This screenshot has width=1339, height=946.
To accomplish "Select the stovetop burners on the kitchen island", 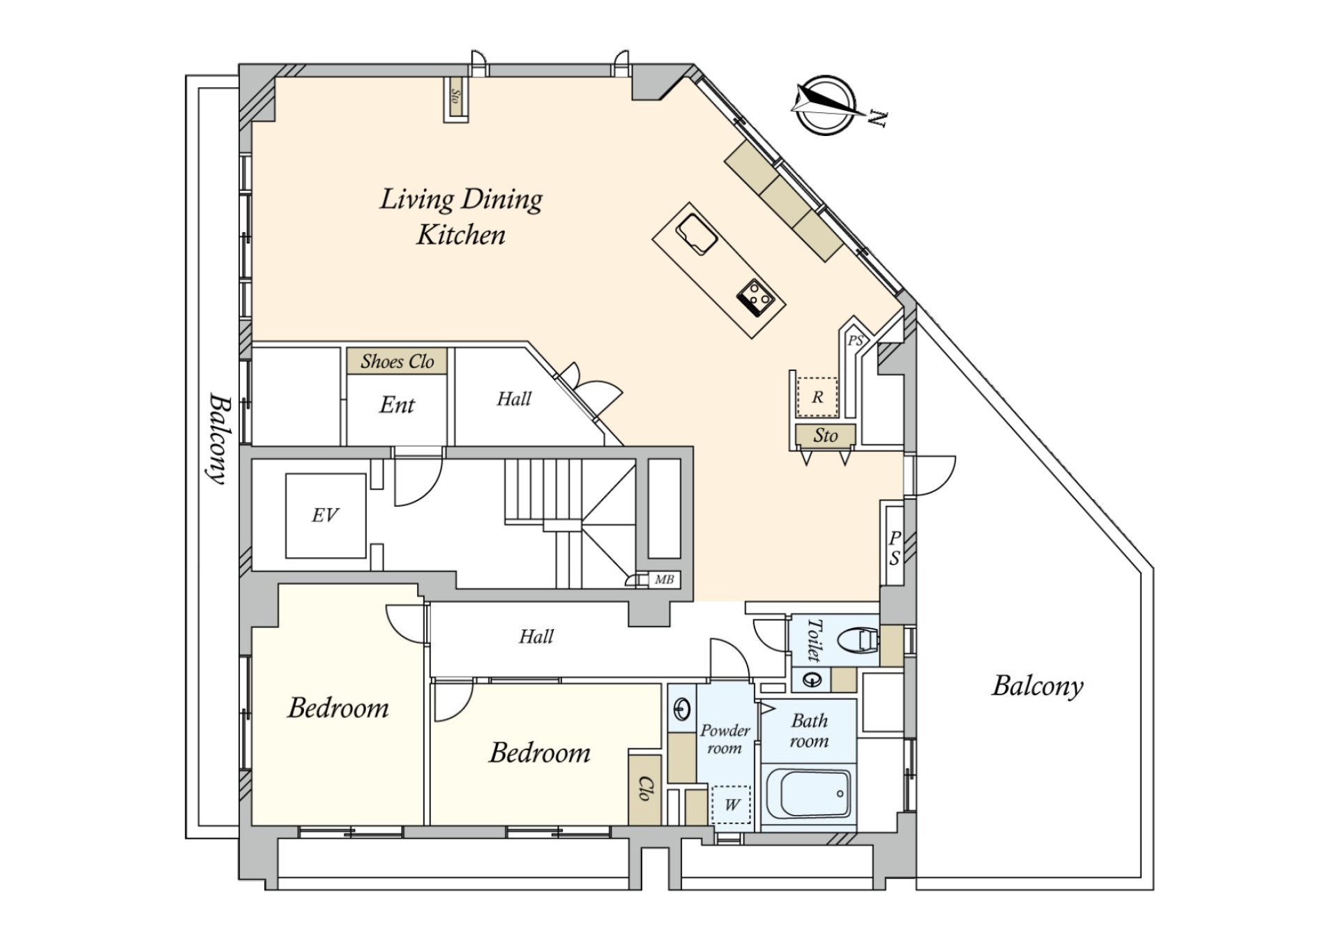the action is click(756, 297).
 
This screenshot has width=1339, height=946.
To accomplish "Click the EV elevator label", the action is click(325, 515).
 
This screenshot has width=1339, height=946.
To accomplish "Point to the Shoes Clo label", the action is click(397, 361).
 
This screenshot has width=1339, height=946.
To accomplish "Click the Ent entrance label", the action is click(397, 405).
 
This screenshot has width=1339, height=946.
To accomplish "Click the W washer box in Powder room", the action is click(731, 804).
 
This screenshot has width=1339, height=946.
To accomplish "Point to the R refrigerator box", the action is click(817, 397).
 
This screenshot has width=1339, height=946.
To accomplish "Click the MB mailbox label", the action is click(664, 579).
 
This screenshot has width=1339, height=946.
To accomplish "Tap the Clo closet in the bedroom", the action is click(644, 788).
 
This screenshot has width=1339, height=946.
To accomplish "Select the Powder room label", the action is click(725, 739).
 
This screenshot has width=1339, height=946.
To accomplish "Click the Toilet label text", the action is click(813, 640).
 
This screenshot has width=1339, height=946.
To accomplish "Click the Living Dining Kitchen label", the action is click(461, 217).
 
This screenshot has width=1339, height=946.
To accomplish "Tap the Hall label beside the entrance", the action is click(514, 399).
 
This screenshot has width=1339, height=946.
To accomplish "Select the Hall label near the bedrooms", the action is click(536, 636).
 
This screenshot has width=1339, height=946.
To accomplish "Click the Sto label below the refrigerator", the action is click(825, 436).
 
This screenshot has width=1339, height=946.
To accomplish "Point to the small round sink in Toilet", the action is click(813, 679).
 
